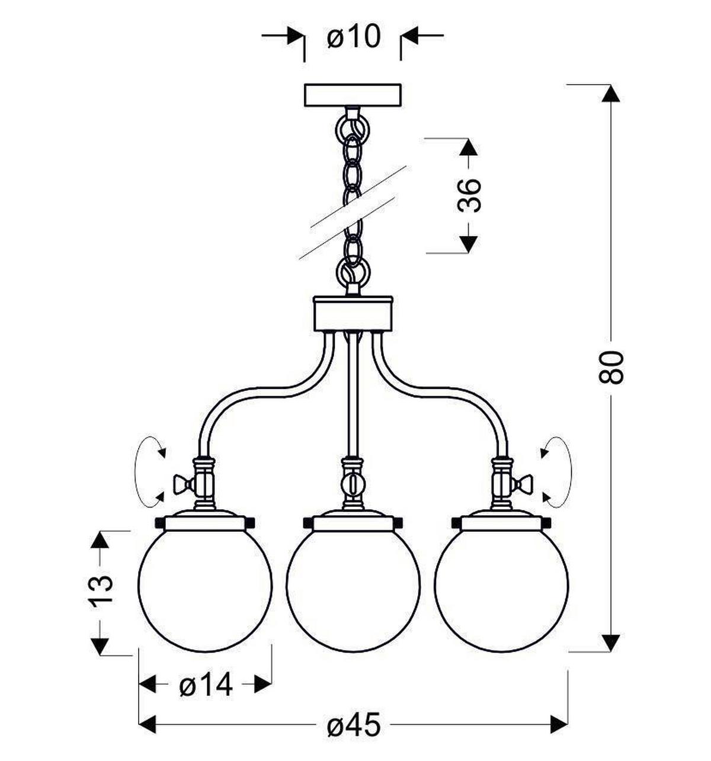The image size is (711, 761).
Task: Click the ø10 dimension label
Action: coord(353,37)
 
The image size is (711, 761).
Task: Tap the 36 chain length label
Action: coord(469,195)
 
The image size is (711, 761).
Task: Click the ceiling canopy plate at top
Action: coord(353,95)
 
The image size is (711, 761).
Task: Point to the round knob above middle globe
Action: coord(353,483)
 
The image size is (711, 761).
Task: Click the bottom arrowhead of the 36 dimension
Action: coord(469,245)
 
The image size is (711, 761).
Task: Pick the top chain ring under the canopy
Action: coord(353,128)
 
